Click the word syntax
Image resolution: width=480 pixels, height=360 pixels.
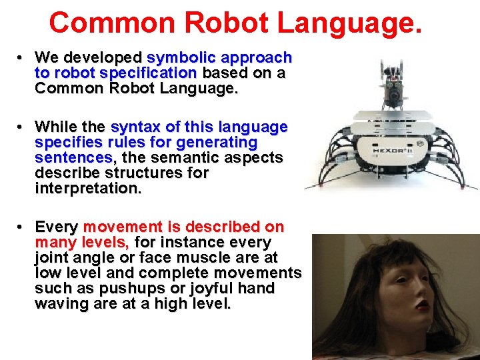(x=134, y=127)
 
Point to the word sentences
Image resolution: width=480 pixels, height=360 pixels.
(x=73, y=158)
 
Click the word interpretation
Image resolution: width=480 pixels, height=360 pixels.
(x=88, y=189)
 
